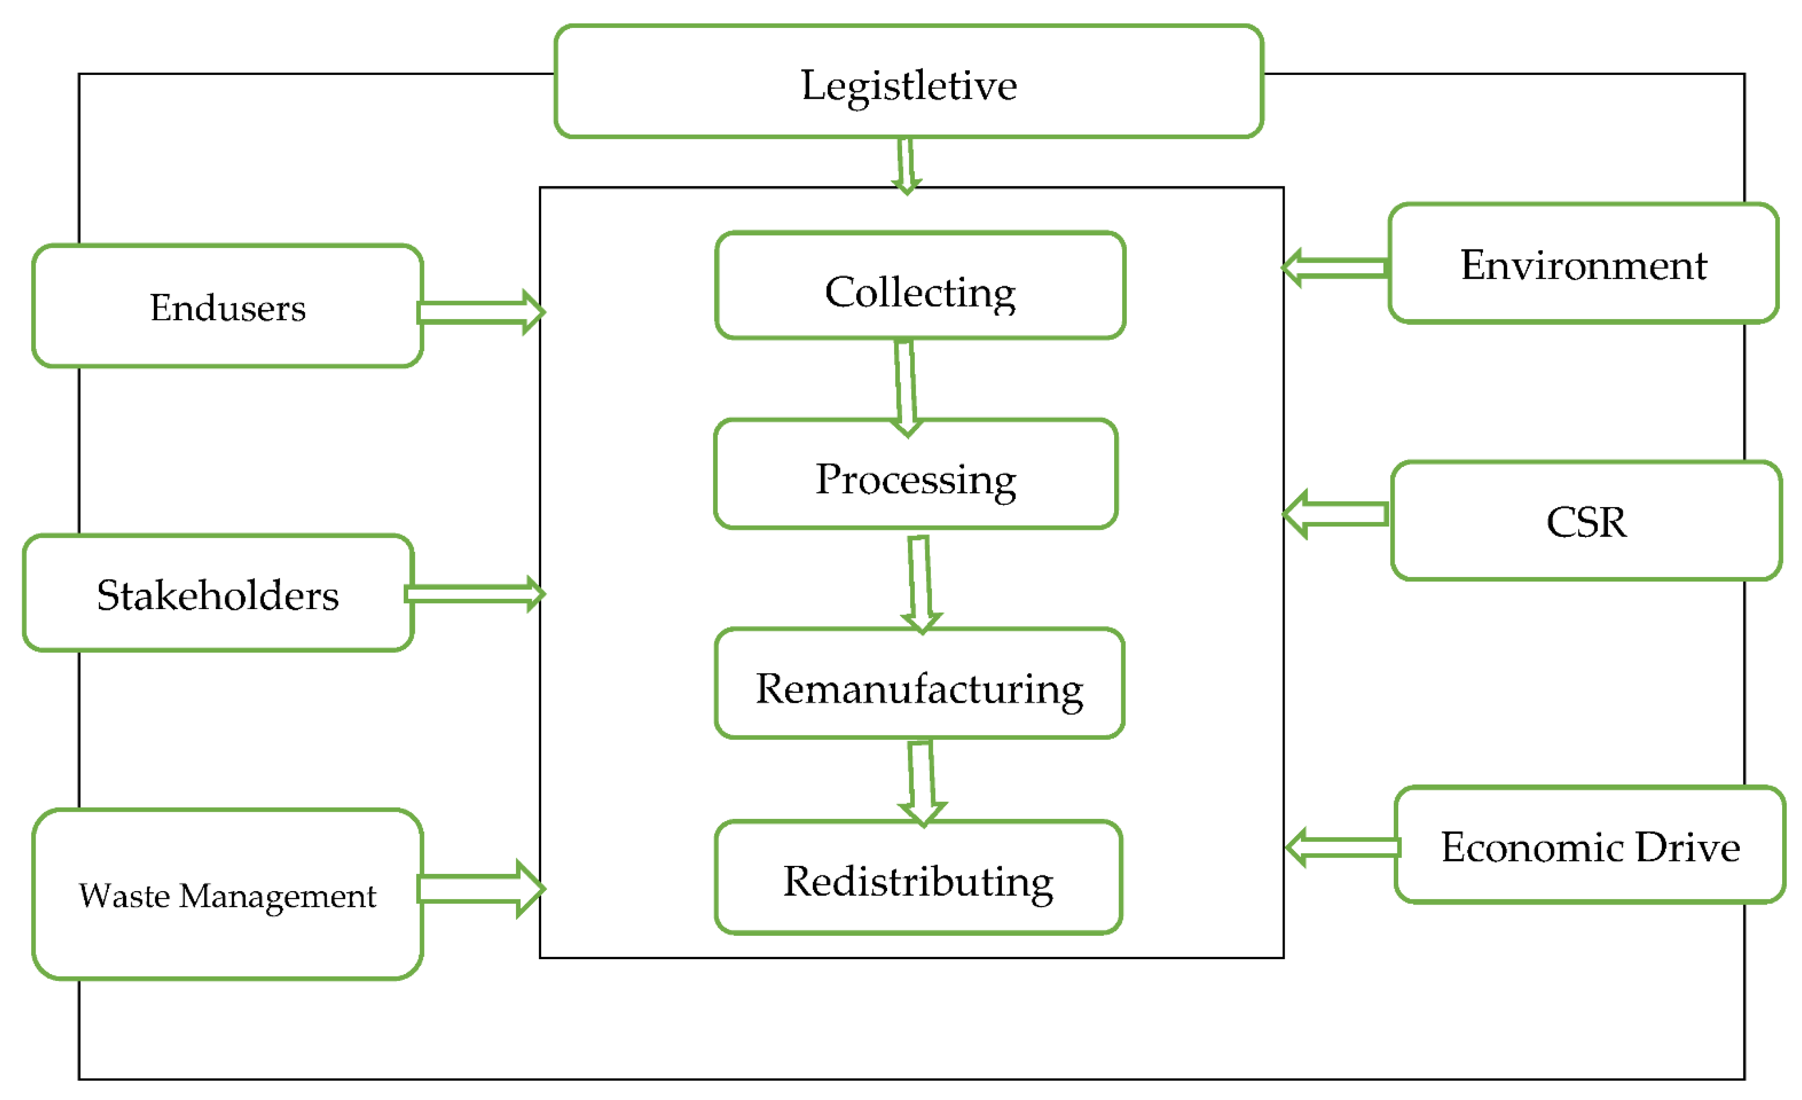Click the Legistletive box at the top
(908, 82)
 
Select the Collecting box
(920, 287)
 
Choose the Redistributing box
(918, 877)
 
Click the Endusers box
(227, 306)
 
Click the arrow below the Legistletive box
(906, 165)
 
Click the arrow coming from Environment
(1335, 268)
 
